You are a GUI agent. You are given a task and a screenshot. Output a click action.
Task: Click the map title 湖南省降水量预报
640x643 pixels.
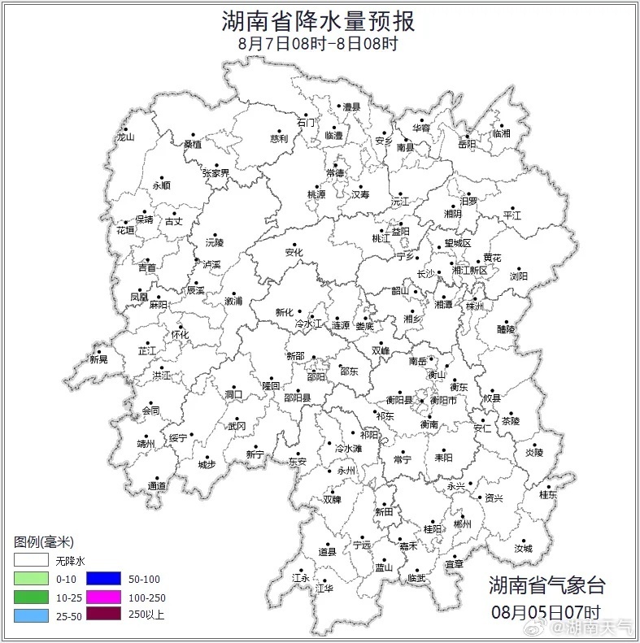tap(319, 20)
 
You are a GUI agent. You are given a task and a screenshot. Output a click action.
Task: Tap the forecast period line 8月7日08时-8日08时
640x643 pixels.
tap(319, 43)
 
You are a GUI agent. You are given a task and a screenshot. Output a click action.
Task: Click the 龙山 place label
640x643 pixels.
tap(124, 137)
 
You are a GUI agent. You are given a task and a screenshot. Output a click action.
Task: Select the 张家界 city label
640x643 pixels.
tap(216, 173)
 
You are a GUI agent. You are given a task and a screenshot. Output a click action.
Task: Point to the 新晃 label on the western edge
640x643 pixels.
tap(98, 359)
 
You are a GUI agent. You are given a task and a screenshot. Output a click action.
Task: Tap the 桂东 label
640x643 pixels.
tap(548, 494)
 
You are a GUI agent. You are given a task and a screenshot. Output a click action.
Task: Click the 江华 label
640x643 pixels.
tap(324, 588)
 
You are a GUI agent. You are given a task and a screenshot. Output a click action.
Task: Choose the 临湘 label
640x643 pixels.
tap(501, 133)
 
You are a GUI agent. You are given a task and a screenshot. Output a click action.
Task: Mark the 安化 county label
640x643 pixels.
tap(294, 253)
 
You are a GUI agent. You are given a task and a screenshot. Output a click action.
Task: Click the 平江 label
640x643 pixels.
tap(512, 215)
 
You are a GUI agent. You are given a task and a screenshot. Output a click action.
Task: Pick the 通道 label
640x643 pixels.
tap(157, 486)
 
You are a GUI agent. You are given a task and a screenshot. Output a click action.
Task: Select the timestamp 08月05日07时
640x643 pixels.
tap(546, 610)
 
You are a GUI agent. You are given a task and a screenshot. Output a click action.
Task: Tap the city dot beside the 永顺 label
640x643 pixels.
tap(162, 178)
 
